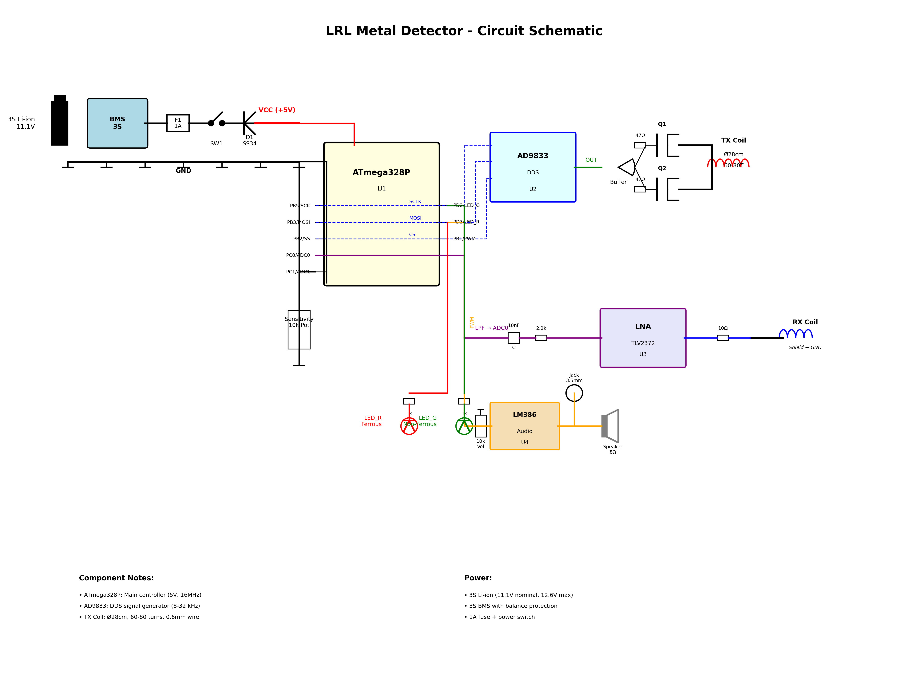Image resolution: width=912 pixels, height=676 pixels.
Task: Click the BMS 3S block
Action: click(x=117, y=123)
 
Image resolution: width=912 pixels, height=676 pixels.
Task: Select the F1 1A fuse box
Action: click(x=178, y=123)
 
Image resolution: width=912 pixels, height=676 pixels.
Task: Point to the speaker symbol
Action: click(x=611, y=426)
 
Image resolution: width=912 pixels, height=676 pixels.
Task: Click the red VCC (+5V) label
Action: click(x=277, y=110)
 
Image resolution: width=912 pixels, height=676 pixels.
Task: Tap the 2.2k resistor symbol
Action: click(x=541, y=338)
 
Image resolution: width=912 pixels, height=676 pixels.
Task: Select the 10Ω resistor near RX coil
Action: click(x=723, y=338)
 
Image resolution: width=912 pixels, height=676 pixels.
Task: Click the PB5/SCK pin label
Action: click(x=300, y=206)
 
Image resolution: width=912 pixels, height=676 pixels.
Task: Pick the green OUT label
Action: click(x=591, y=160)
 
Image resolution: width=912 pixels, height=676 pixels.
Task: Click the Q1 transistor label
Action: click(x=662, y=124)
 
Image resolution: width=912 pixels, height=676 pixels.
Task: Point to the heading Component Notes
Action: click(x=116, y=578)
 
